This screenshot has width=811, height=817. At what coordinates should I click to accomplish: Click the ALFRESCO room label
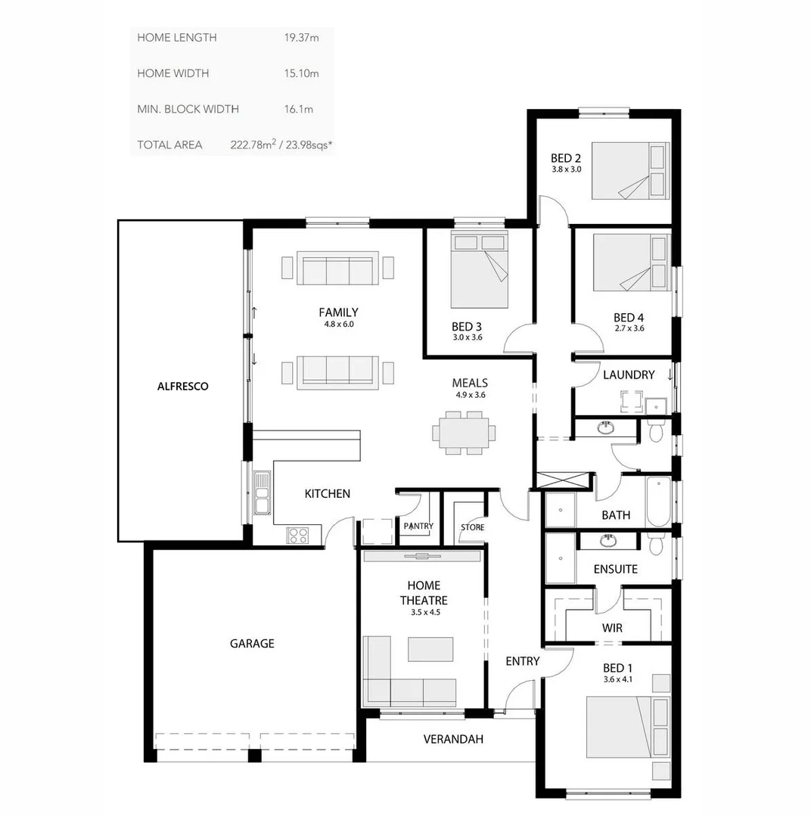coord(182,386)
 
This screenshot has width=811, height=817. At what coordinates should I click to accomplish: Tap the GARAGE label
coord(252,644)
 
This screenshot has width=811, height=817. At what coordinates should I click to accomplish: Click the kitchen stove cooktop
coord(297,535)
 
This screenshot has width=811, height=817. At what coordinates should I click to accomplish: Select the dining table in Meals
coord(465,433)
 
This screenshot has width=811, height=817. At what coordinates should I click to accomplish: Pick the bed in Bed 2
coord(629,171)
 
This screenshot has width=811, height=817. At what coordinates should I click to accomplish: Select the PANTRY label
coord(418,526)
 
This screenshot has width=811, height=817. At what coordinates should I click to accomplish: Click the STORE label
coord(473,527)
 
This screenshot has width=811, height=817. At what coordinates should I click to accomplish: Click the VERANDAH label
coord(453,739)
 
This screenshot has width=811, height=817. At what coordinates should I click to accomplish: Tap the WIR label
coord(612,628)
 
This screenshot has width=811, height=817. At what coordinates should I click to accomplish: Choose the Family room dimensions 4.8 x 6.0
coord(338,324)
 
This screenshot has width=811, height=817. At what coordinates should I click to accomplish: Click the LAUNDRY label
coord(629,374)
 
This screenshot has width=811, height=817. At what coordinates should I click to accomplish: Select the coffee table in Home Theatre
coord(430,649)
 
